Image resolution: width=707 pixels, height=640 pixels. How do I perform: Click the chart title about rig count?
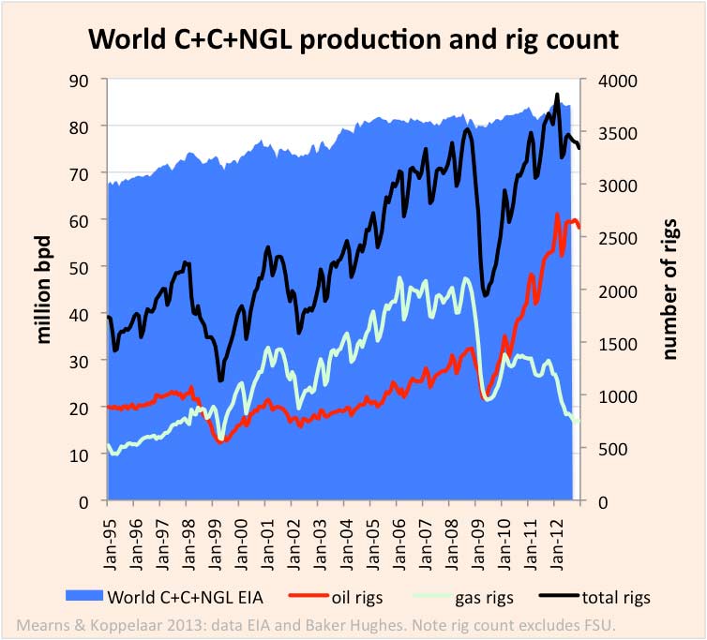point(353,39)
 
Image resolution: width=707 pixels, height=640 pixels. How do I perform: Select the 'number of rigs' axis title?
point(669,290)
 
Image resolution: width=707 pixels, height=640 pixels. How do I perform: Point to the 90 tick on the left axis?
point(88,80)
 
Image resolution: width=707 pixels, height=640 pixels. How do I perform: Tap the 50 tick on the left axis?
point(88,267)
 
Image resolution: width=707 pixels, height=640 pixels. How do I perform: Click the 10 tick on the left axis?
point(88,454)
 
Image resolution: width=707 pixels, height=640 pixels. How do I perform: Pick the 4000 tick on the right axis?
point(605,80)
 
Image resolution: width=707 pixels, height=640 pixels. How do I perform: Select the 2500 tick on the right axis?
point(605,238)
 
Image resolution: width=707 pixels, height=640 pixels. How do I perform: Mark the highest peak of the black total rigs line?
point(557,95)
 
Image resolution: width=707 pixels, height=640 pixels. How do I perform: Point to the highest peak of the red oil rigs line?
point(558,216)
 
